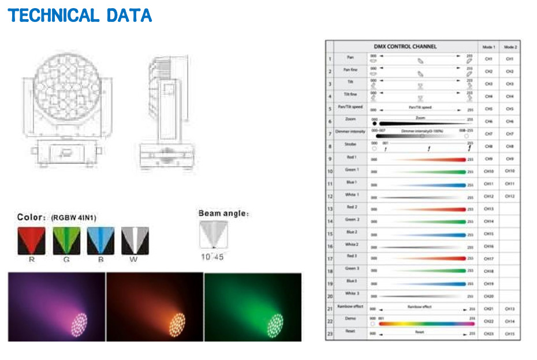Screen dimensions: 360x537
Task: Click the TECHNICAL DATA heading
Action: click(80, 15)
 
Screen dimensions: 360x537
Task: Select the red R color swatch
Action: click(31, 241)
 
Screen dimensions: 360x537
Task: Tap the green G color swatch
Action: click(66, 241)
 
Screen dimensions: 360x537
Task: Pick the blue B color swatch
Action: click(100, 241)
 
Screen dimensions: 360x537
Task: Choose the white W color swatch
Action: click(135, 241)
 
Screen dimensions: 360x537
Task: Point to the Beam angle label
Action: click(223, 213)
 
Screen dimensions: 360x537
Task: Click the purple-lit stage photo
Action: click(57, 306)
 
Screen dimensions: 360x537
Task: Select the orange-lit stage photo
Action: click(155, 306)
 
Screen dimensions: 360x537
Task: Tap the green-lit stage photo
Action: click(253, 306)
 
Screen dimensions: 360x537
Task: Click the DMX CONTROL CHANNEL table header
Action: click(405, 47)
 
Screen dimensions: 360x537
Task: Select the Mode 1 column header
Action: click(488, 47)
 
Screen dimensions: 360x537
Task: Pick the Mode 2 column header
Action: click(510, 47)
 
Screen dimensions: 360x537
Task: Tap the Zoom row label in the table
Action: click(350, 119)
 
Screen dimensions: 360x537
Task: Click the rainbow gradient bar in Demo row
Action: click(424, 324)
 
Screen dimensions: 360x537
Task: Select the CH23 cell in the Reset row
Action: click(488, 334)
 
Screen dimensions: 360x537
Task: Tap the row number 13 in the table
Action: click(330, 209)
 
